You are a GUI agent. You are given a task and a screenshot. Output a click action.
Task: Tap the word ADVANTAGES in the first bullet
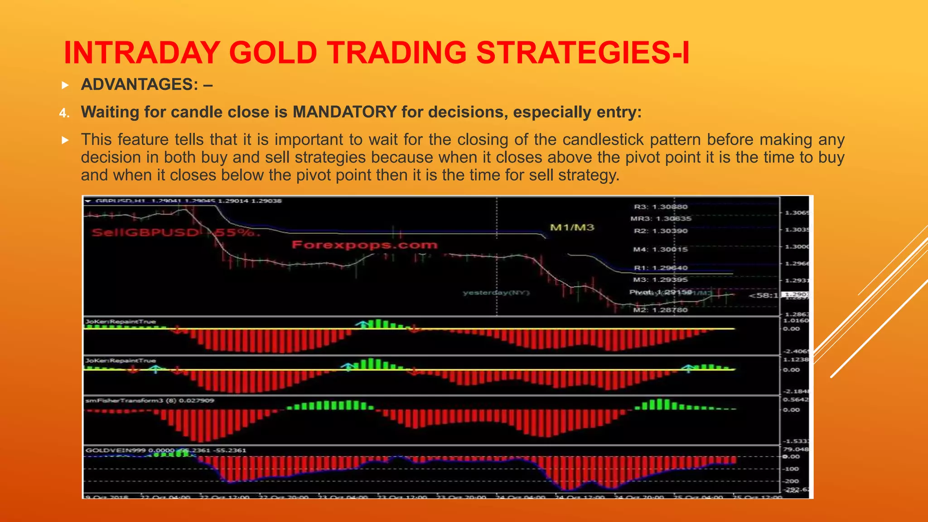click(139, 85)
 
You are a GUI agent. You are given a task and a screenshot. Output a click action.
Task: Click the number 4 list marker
click(64, 113)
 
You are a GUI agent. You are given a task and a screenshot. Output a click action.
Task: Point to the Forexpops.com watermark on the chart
click(365, 245)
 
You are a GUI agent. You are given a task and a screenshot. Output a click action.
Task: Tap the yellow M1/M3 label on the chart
click(572, 227)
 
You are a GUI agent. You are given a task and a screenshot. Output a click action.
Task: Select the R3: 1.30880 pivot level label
click(660, 207)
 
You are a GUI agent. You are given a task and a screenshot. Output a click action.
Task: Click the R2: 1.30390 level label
click(660, 231)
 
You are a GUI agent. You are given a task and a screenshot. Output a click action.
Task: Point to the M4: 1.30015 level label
click(660, 250)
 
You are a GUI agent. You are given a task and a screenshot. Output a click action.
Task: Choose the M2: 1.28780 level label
click(660, 310)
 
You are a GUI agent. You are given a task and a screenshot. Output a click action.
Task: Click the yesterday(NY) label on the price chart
click(496, 293)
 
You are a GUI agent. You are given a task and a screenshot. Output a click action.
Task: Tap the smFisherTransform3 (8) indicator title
click(150, 401)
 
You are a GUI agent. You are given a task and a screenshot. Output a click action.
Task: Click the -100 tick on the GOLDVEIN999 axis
click(792, 469)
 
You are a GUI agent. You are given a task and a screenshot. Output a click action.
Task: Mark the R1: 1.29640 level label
click(660, 268)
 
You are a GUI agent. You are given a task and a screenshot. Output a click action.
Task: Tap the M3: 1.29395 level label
click(660, 280)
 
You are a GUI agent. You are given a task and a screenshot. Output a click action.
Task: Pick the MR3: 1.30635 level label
click(661, 219)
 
